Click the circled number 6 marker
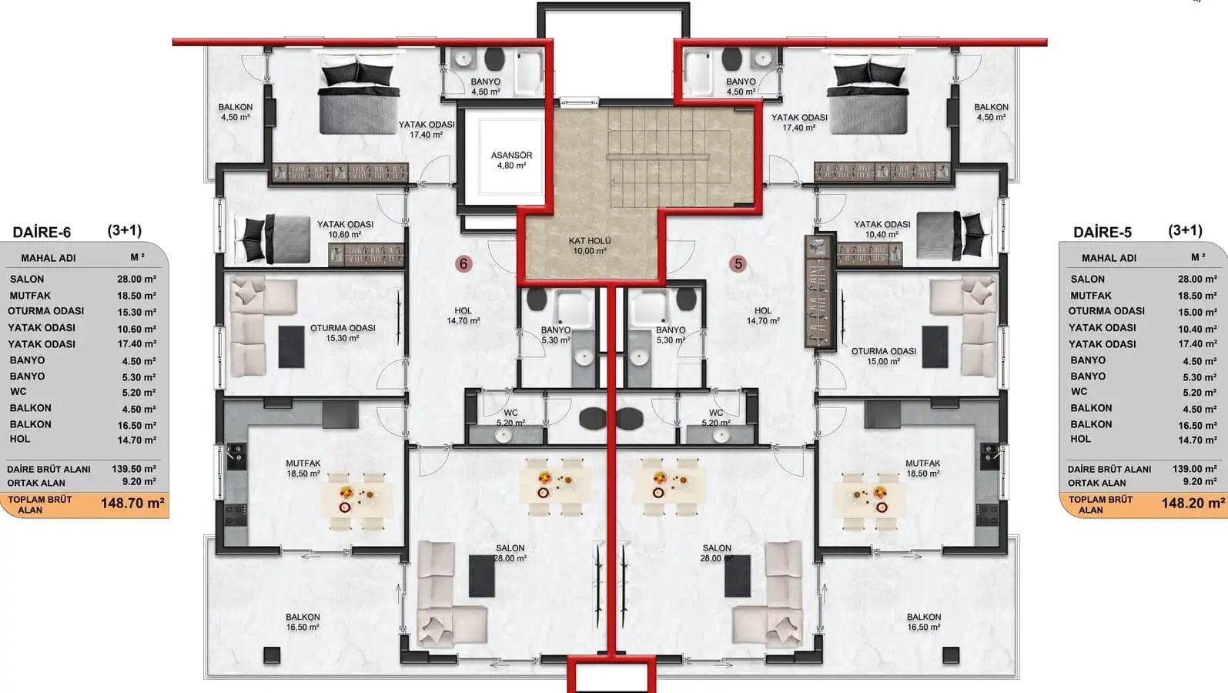click(x=463, y=264)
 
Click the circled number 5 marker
click(x=738, y=264)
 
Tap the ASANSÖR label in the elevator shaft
click(x=511, y=156)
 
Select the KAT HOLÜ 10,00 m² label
click(x=590, y=246)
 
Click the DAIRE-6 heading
click(x=42, y=233)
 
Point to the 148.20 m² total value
click(x=1193, y=504)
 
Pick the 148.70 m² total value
click(x=132, y=504)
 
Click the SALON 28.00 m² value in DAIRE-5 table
click(x=1197, y=279)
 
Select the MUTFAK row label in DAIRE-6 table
click(x=30, y=296)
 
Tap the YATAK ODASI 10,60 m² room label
click(x=345, y=229)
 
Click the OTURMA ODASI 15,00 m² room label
click(x=884, y=357)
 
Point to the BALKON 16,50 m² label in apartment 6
click(x=303, y=621)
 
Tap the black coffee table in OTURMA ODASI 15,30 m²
click(x=291, y=347)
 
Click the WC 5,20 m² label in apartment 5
click(x=716, y=418)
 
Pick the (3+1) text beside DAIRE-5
click(x=1185, y=230)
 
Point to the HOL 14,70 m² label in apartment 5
click(x=762, y=316)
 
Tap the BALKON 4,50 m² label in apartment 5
click(x=991, y=112)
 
